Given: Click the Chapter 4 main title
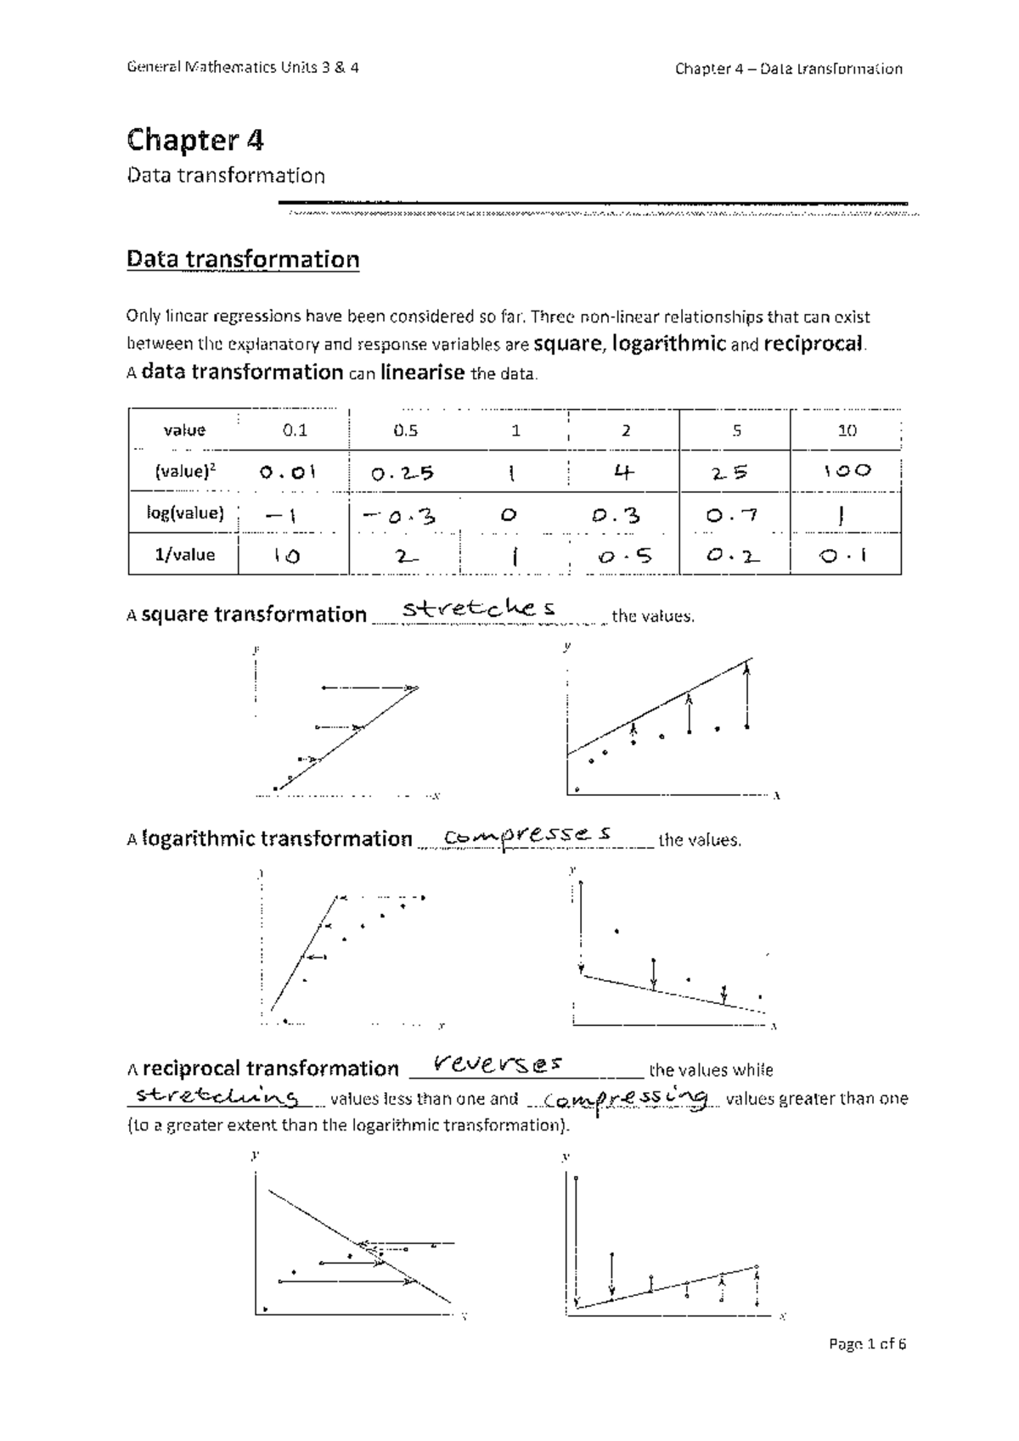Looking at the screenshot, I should tap(194, 139).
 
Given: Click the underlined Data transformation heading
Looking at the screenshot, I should tap(243, 259).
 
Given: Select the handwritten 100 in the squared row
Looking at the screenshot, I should tap(847, 471).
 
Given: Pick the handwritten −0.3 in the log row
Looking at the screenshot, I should tap(398, 515).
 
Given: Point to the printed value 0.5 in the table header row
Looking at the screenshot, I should tap(405, 430).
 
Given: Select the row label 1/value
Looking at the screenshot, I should tap(184, 555).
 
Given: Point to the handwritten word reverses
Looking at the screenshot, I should tap(498, 1063).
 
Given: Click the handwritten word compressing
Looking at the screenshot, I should tap(626, 1099).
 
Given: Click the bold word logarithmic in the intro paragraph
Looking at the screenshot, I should tap(668, 344).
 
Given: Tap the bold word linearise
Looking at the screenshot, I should tap(422, 373).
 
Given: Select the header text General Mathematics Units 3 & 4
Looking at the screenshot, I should tap(243, 68).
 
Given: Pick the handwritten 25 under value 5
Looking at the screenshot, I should tap(730, 473).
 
